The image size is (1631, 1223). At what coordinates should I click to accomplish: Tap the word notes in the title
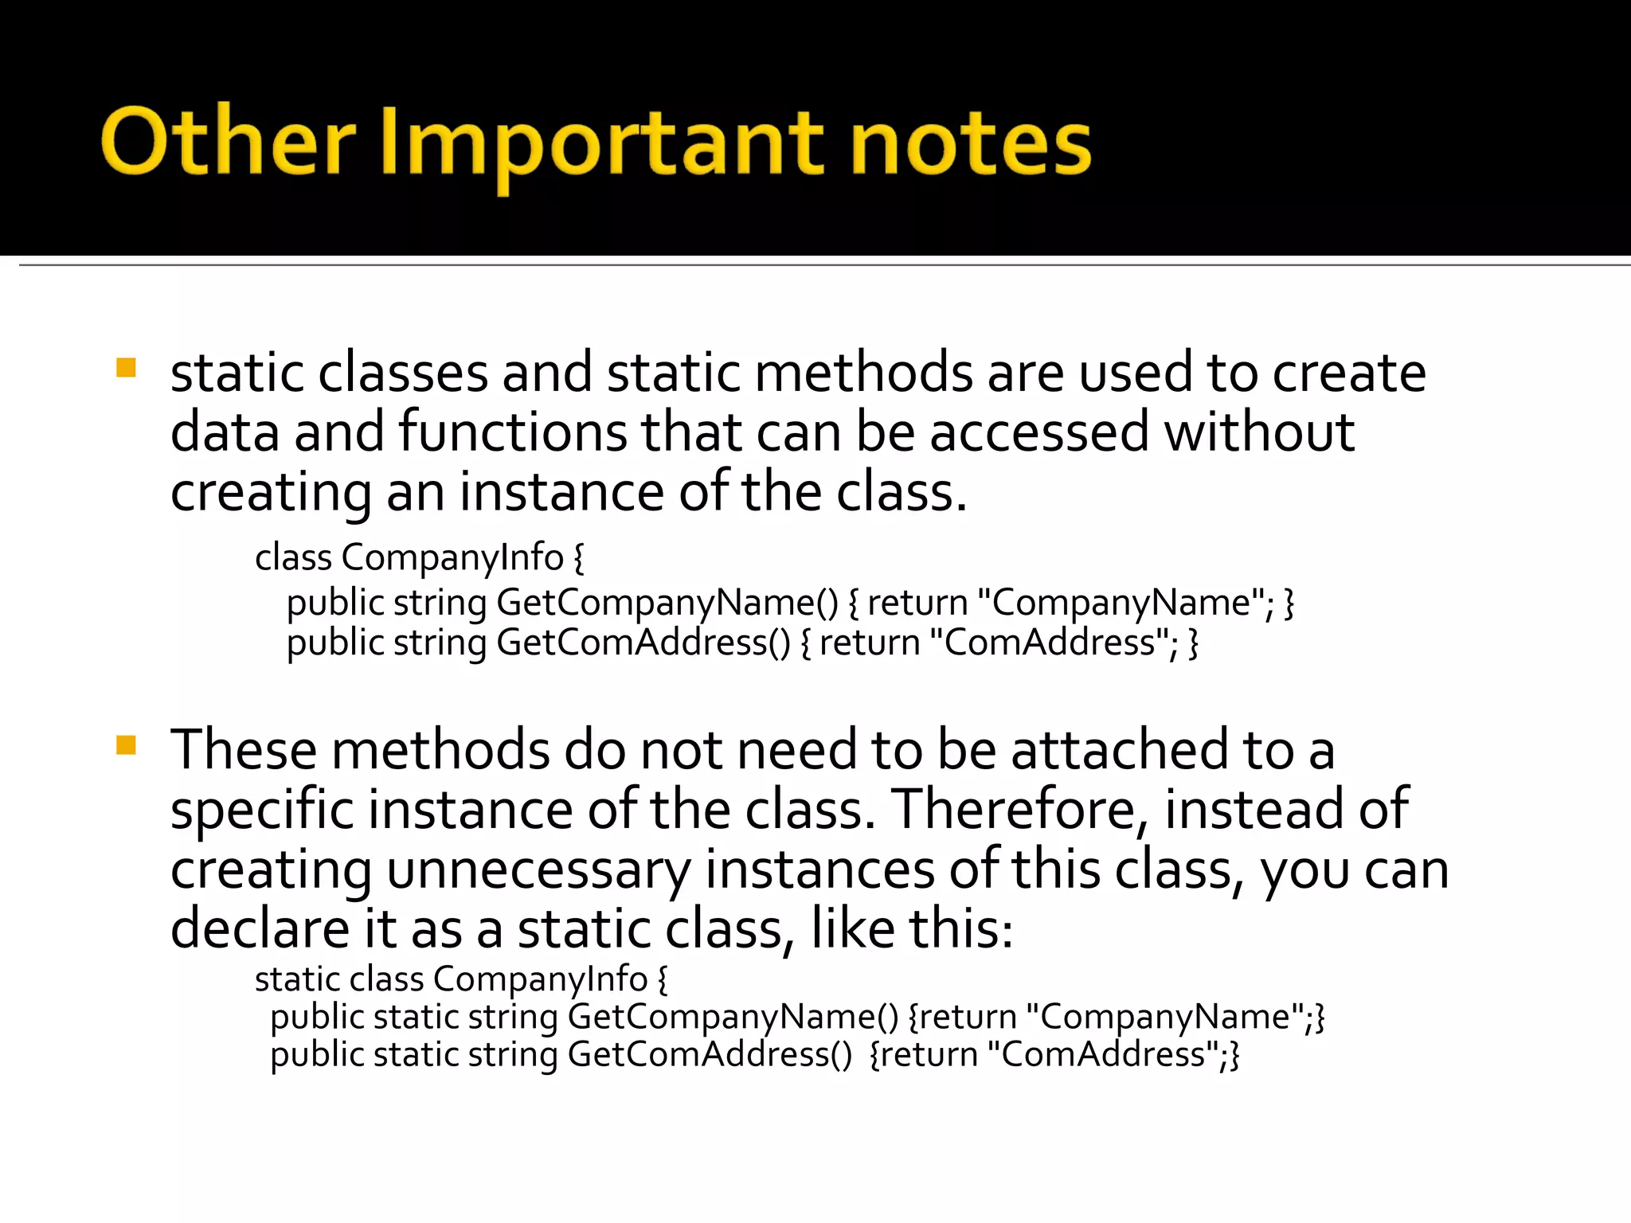point(971,144)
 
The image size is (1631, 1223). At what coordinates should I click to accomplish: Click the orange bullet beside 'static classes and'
point(126,368)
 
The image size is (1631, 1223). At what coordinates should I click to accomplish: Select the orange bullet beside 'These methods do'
point(126,745)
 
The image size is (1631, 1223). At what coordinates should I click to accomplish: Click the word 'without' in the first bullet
point(1259,432)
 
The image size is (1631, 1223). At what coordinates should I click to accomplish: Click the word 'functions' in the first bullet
point(513,432)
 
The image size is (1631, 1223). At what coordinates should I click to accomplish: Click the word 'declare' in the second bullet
point(260,929)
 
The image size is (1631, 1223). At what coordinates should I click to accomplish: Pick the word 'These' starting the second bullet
point(243,750)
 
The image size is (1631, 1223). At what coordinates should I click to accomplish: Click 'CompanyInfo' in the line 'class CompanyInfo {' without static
point(452,557)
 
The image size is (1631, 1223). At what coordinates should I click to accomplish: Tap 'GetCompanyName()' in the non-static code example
point(667,603)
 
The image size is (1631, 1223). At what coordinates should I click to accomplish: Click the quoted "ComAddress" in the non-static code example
point(1049,643)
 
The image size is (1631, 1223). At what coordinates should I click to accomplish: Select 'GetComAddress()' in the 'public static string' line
point(710,1054)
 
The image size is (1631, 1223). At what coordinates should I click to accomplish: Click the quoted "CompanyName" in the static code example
point(1164,1017)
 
